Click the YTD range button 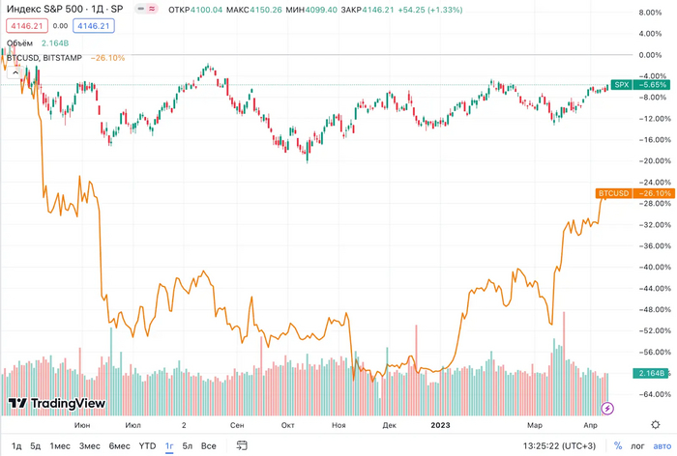click(x=147, y=445)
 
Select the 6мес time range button click(x=119, y=445)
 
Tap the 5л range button click(x=188, y=445)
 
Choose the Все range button click(x=209, y=445)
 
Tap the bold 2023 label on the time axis click(x=440, y=424)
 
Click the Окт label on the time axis click(x=287, y=424)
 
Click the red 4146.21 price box click(x=25, y=25)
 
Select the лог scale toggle click(x=637, y=445)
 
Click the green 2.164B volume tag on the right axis click(x=647, y=374)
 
